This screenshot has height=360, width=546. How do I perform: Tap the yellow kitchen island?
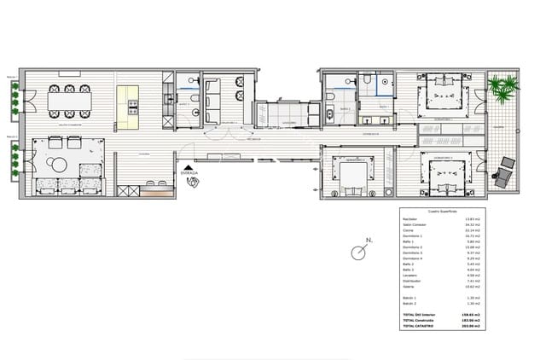pyautogui.click(x=128, y=107)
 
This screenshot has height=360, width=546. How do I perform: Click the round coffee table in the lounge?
pyautogui.click(x=56, y=165)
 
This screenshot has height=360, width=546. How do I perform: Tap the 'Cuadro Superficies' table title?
pyautogui.click(x=442, y=210)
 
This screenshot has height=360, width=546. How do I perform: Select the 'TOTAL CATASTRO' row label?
pyautogui.click(x=418, y=326)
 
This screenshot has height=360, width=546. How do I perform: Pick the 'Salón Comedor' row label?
pyautogui.click(x=414, y=225)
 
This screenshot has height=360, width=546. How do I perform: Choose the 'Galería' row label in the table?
pyautogui.click(x=409, y=287)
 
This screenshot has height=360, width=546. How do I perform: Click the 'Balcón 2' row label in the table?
pyautogui.click(x=409, y=303)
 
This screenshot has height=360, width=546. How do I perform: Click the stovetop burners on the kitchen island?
pyautogui.click(x=133, y=107)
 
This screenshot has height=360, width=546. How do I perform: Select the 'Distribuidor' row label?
pyautogui.click(x=413, y=281)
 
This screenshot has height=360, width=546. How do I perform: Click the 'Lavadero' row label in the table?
pyautogui.click(x=410, y=276)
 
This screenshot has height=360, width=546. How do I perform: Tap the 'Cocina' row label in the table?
pyautogui.click(x=409, y=230)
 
